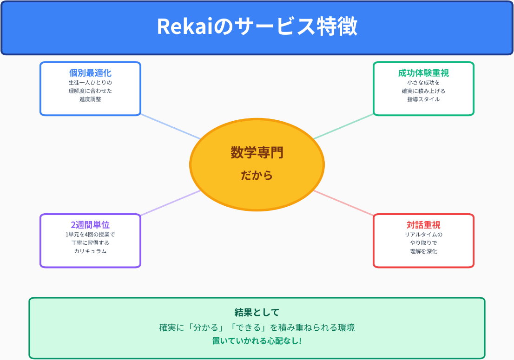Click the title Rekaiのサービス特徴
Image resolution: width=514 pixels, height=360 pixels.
click(x=257, y=27)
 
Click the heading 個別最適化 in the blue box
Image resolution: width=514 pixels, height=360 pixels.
click(x=90, y=73)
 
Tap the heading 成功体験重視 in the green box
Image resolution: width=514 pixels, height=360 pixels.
click(x=423, y=73)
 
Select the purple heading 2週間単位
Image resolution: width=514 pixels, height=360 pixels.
click(x=90, y=225)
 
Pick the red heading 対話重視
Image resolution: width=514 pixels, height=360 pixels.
click(x=423, y=225)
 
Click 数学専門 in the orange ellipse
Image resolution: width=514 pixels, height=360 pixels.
click(x=257, y=152)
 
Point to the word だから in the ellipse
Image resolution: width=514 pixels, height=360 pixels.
click(x=257, y=176)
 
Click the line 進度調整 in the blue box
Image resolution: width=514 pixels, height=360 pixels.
click(x=90, y=99)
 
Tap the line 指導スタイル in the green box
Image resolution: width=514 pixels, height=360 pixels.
click(x=423, y=99)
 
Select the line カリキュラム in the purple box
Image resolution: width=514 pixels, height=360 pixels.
click(x=90, y=251)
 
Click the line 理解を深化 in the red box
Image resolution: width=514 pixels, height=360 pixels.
click(x=423, y=251)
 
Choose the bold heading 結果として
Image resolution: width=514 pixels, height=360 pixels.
click(x=257, y=312)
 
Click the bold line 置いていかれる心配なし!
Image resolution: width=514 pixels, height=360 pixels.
click(x=257, y=341)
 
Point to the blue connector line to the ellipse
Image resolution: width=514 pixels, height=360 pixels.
click(x=170, y=126)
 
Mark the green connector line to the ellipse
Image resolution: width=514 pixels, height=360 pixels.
click(x=344, y=126)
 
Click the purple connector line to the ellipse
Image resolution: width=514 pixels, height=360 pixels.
click(x=170, y=203)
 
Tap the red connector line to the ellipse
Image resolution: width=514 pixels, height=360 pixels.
click(x=344, y=203)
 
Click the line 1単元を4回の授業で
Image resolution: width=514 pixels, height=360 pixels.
click(x=90, y=235)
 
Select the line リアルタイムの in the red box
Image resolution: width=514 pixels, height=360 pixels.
click(x=423, y=235)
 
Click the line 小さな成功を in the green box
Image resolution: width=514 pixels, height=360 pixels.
click(x=423, y=83)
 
